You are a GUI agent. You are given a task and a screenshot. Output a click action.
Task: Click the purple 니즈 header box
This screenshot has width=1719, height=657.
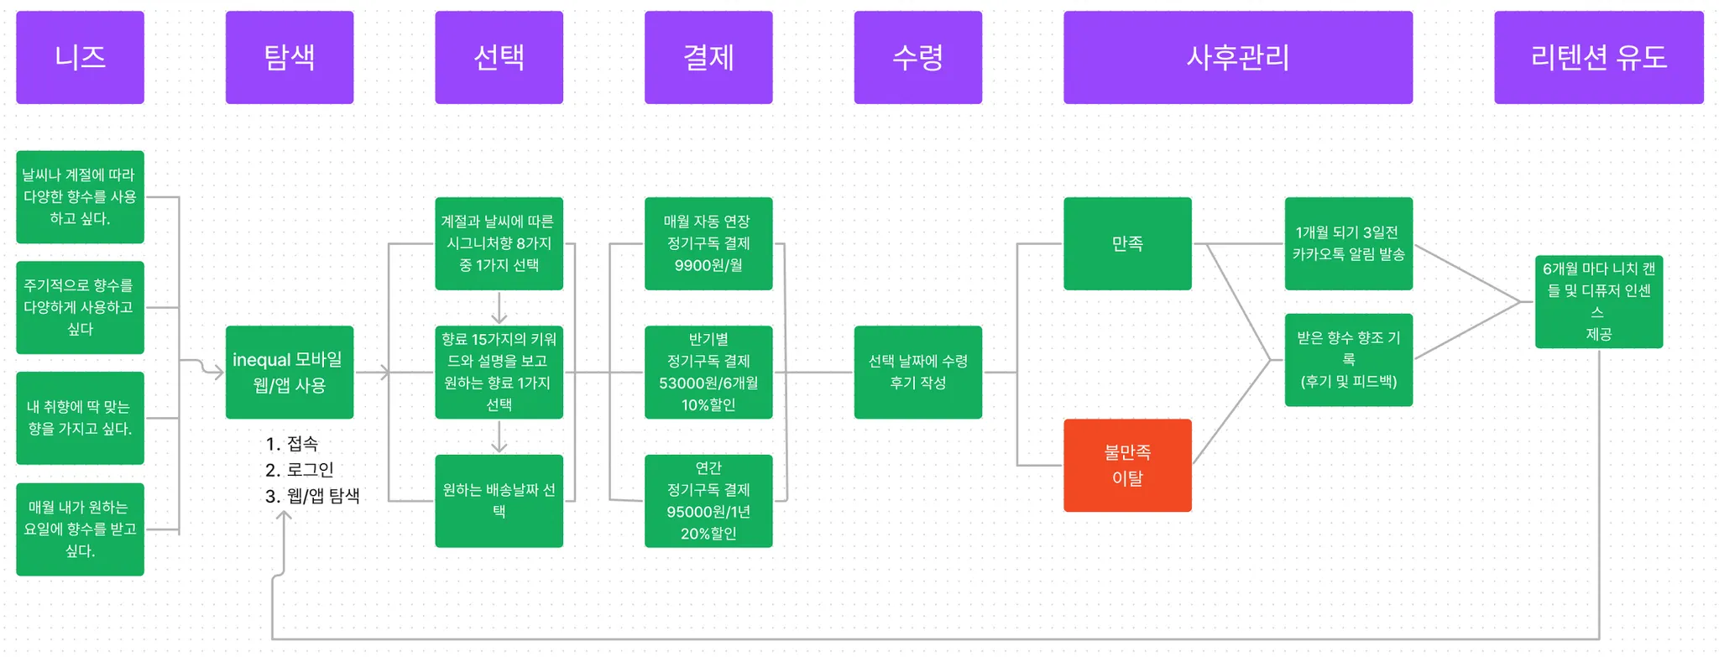click(x=80, y=57)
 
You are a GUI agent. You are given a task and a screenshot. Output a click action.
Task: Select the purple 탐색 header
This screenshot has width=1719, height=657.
click(x=289, y=57)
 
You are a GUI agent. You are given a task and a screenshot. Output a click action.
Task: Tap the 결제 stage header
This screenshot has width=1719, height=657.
click(x=708, y=57)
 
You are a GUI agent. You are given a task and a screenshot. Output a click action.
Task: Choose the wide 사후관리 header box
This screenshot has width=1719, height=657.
click(x=1237, y=57)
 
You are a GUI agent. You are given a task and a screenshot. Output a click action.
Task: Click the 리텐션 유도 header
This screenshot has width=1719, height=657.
click(x=1598, y=57)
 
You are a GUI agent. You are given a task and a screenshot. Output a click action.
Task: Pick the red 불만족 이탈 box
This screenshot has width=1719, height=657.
click(x=1126, y=465)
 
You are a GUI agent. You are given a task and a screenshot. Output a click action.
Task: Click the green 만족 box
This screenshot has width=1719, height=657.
click(x=1126, y=243)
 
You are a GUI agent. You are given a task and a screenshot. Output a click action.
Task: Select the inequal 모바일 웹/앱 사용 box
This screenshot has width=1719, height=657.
click(x=289, y=372)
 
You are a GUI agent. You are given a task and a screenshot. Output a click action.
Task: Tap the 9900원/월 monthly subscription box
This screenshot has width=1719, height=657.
click(x=708, y=243)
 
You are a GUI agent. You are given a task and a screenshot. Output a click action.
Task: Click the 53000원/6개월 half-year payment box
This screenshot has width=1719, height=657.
click(x=708, y=372)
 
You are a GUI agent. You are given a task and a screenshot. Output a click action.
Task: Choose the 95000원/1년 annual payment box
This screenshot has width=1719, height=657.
click(x=708, y=500)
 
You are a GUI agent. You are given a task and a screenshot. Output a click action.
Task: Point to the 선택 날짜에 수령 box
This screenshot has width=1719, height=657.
click(x=917, y=372)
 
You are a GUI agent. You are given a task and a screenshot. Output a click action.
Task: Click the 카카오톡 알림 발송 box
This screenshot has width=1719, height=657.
click(x=1348, y=243)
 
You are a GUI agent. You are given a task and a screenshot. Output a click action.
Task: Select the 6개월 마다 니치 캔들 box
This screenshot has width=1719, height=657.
click(x=1598, y=301)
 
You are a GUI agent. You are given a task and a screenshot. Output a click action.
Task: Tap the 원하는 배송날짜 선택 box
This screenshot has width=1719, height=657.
click(x=499, y=500)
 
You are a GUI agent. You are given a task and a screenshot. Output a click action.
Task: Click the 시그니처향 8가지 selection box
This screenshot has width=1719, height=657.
click(x=499, y=243)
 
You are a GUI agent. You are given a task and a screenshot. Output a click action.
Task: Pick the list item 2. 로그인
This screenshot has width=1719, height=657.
click(x=300, y=470)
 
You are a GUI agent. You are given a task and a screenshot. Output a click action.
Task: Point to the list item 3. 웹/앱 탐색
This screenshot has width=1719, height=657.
click(x=312, y=496)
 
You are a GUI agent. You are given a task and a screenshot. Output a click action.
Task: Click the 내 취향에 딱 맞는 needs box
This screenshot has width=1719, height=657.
click(x=80, y=418)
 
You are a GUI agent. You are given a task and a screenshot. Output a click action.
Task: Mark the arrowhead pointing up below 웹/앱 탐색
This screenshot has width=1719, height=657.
click(x=285, y=515)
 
